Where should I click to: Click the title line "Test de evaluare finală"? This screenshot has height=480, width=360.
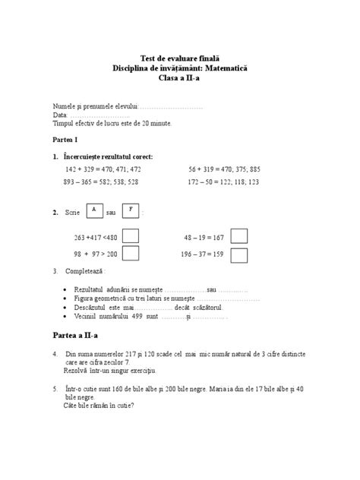(x=179, y=58)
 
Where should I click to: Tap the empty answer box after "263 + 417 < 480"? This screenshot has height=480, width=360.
(x=131, y=236)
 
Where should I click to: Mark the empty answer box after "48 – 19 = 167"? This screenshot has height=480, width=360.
(x=238, y=236)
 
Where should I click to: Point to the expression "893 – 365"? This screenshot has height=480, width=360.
(x=80, y=183)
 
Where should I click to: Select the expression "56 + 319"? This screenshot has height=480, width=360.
(x=203, y=169)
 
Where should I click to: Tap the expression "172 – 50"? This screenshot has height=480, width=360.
(x=203, y=183)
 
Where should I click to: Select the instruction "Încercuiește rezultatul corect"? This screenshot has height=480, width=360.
(x=109, y=156)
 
